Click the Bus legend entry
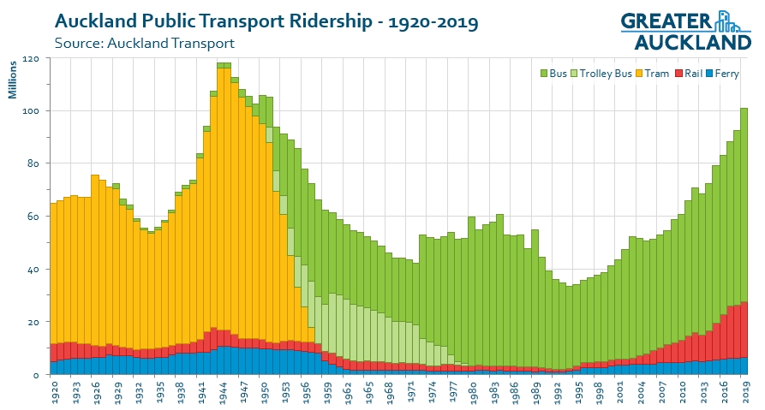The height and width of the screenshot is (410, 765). [557, 74]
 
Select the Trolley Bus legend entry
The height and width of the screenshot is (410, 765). [605, 74]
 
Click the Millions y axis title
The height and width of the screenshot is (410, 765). [13, 79]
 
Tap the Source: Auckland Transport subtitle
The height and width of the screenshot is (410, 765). [144, 43]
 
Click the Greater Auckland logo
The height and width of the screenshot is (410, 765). [685, 30]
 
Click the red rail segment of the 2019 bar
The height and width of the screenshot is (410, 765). [744, 330]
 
